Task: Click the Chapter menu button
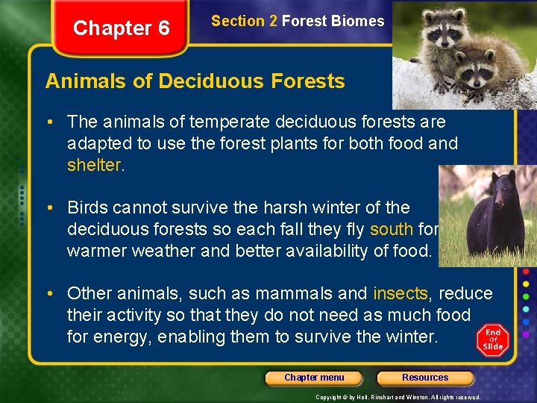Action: pos(314,378)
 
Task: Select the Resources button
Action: pos(425,378)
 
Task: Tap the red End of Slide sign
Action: pos(493,340)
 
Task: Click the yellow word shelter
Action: pos(93,165)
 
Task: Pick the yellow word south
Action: pos(391,228)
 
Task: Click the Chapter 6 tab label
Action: pos(122,28)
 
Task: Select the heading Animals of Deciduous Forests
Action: pos(195,81)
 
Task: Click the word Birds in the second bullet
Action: pos(89,207)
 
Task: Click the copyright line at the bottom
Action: pos(398,397)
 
